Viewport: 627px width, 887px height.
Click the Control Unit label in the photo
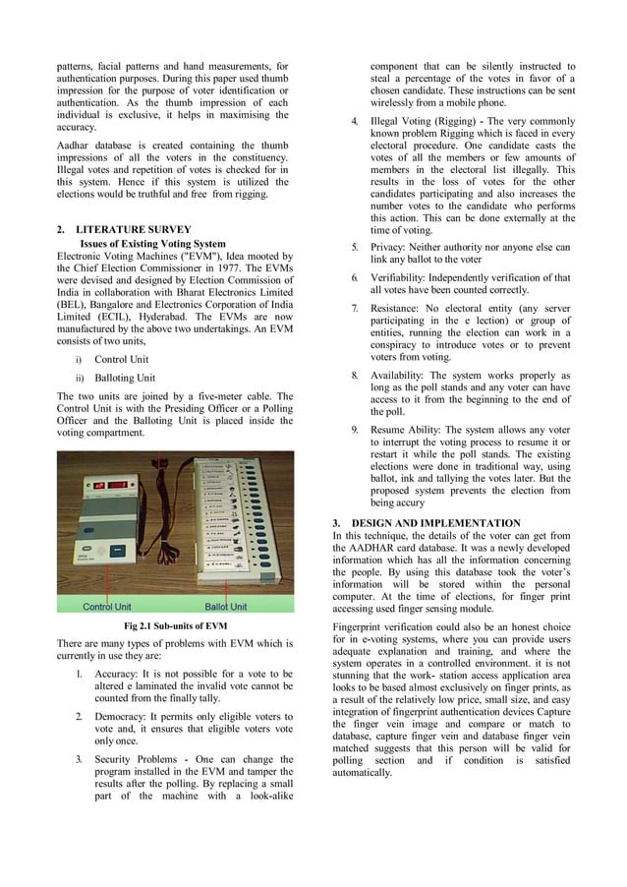click(x=106, y=606)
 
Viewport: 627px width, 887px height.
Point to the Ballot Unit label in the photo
click(x=225, y=606)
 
